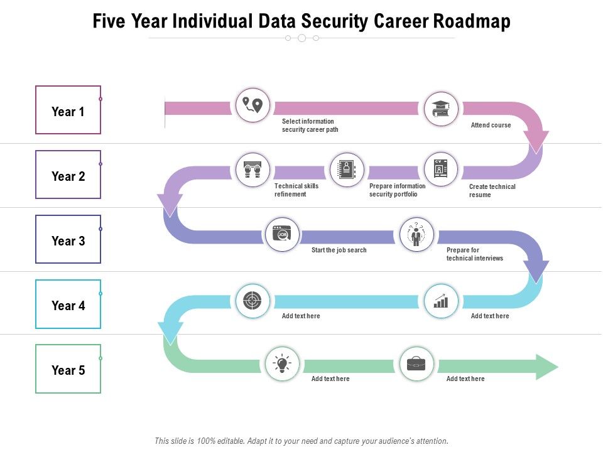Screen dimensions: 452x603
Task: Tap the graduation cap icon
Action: coord(441,109)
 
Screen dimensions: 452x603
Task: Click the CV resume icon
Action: coord(441,169)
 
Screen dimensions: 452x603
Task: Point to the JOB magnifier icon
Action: coord(283,235)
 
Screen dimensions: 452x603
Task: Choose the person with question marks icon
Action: coord(416,234)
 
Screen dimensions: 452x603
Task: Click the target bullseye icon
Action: coord(253,300)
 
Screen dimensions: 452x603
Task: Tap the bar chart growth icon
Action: coord(441,300)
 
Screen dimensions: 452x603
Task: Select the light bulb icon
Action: coord(283,363)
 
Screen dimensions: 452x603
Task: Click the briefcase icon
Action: coord(416,363)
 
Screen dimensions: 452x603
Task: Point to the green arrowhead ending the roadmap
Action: coord(546,367)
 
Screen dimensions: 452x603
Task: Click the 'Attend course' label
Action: coord(491,125)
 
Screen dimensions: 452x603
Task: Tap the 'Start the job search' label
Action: coord(339,250)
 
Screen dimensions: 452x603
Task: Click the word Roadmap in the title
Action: coord(472,21)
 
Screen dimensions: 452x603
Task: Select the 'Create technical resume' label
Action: coord(492,191)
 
